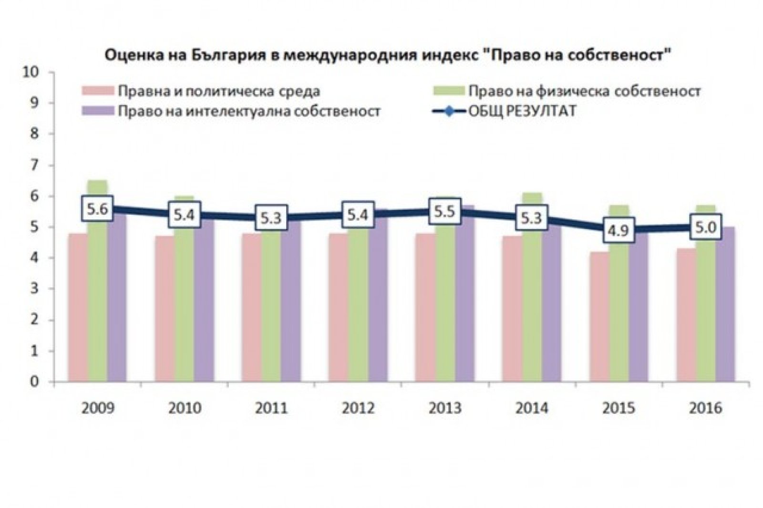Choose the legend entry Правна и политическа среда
(x=200, y=91)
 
